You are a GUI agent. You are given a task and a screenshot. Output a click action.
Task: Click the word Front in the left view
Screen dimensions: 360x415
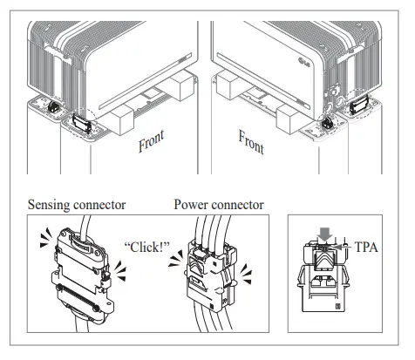(158, 140)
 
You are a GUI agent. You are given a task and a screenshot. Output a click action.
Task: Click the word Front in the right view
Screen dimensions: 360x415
(250, 139)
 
